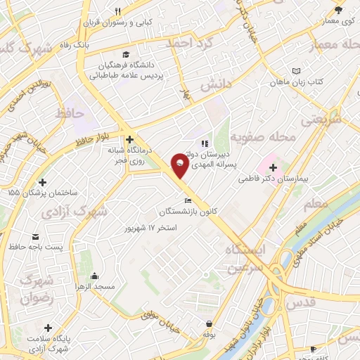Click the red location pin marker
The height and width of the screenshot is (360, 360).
click(x=179, y=166)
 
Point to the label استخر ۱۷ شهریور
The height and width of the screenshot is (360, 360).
click(x=149, y=229)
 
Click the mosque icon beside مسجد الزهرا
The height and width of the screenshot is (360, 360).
click(x=94, y=276)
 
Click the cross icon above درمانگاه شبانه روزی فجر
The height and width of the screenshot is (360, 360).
click(x=129, y=139)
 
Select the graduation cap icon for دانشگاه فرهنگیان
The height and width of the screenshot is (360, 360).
click(x=126, y=54)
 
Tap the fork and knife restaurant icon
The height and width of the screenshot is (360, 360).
click(x=118, y=11)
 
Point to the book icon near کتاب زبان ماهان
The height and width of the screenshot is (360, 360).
click(x=296, y=70)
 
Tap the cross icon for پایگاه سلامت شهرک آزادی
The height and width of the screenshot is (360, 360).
click(x=47, y=328)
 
